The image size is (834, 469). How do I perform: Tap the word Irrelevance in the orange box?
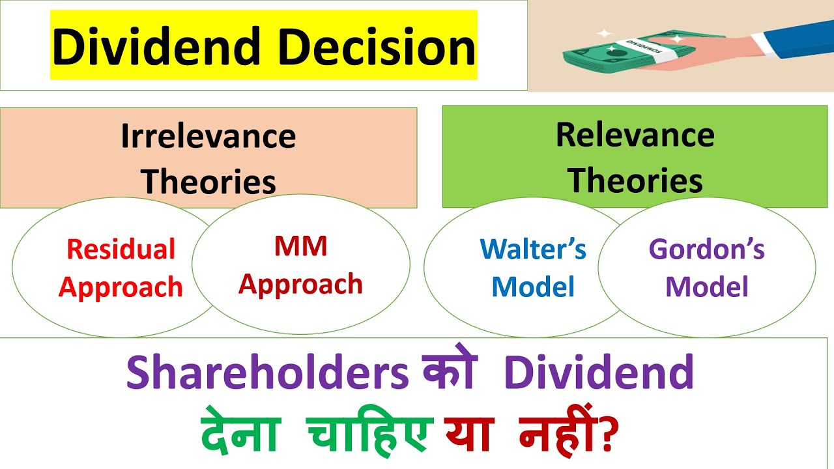[x=208, y=137]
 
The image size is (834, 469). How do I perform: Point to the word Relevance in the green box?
[x=635, y=135]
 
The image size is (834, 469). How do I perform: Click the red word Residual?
[x=121, y=249]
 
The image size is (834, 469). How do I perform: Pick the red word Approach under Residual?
[x=121, y=287]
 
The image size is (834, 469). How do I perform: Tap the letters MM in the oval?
[x=300, y=247]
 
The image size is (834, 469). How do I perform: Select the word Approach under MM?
[x=300, y=285]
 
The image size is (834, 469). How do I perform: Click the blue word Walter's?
[x=533, y=249]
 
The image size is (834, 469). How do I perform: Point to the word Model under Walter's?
[x=533, y=287]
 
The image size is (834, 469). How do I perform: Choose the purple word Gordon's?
[x=707, y=249]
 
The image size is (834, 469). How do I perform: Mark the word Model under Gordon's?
[x=707, y=287]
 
